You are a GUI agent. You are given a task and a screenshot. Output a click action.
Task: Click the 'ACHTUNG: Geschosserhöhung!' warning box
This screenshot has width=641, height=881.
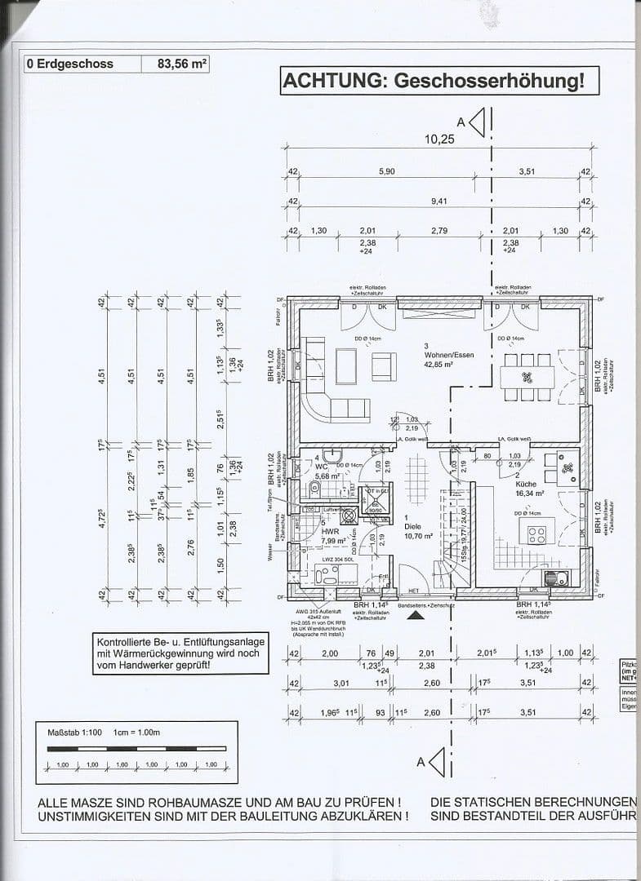[x=434, y=81]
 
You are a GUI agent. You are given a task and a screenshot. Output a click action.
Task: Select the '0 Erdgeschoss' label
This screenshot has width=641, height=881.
[x=69, y=64]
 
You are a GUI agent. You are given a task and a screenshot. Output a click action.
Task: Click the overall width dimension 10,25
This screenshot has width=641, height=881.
[x=438, y=139]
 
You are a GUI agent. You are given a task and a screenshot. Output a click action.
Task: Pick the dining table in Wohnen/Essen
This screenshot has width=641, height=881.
[x=527, y=377]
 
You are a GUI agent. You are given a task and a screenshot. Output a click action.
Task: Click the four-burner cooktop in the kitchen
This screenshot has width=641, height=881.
[x=537, y=535]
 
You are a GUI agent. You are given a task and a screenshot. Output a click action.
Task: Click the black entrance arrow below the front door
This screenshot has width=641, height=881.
[x=416, y=616]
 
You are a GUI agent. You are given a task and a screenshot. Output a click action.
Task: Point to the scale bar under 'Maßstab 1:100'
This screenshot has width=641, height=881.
[x=136, y=749]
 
